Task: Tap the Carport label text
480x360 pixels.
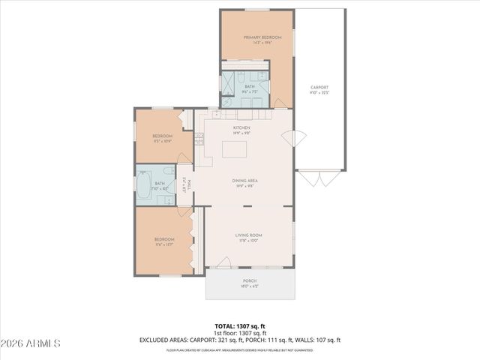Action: coord(319,89)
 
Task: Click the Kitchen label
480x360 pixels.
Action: coord(241,130)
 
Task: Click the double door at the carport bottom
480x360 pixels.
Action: coord(319,178)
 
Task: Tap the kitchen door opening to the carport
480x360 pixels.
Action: coord(288,139)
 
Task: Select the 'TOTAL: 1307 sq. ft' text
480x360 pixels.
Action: coord(240,326)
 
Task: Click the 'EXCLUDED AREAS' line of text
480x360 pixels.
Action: coord(240,340)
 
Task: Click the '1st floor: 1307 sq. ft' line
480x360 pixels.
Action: coord(240,333)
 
